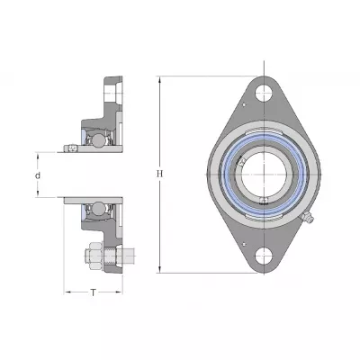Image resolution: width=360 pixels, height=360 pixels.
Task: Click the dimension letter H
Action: [x=160, y=174]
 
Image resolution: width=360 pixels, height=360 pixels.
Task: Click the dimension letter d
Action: [x=38, y=175]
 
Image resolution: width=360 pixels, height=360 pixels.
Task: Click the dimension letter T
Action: [x=94, y=292]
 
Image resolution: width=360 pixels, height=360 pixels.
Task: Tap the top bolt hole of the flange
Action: [x=264, y=93]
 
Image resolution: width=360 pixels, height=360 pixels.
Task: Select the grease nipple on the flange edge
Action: [x=307, y=217]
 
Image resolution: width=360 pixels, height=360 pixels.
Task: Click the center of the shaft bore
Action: [x=264, y=175]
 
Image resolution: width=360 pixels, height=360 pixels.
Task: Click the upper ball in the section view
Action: [x=98, y=140]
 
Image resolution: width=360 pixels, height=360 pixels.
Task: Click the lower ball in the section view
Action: [x=98, y=209]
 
